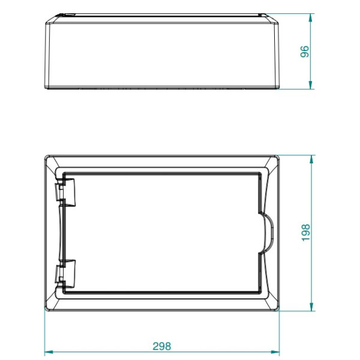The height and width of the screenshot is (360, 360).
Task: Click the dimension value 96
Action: [x=305, y=53]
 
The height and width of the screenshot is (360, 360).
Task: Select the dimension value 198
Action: [x=305, y=233]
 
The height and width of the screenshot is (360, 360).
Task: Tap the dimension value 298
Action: [x=161, y=346]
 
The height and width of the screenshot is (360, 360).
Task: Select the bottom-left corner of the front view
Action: [x=46, y=311]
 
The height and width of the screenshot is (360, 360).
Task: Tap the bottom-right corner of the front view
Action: [x=280, y=311]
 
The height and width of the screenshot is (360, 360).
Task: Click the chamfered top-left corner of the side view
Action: [x=50, y=19]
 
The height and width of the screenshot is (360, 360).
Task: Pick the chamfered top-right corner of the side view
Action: [x=276, y=19]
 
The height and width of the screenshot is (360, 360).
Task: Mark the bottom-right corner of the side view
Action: [x=279, y=89]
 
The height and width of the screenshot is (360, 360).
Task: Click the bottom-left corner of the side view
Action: [x=47, y=89]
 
